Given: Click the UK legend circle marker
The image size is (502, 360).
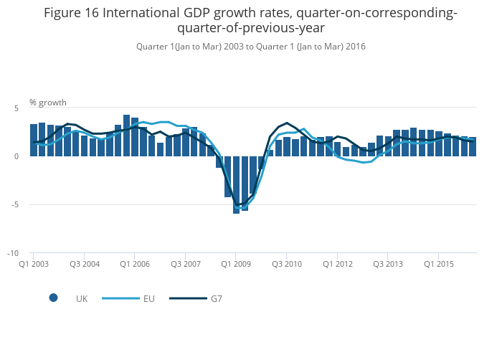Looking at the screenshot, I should (53, 298).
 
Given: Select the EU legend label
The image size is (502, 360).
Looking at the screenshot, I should (149, 298).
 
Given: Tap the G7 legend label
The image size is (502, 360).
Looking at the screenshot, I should (216, 298).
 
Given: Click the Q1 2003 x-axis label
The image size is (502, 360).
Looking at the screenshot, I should (34, 264).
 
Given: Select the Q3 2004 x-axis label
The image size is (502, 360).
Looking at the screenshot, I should (84, 264).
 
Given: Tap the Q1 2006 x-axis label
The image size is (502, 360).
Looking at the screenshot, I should (135, 264).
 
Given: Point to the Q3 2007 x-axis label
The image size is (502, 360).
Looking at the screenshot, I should (185, 264).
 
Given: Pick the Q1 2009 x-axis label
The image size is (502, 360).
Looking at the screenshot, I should (236, 264).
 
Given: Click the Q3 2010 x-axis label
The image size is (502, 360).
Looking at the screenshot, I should (286, 264).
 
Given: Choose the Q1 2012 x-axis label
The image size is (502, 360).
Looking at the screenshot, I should (337, 264).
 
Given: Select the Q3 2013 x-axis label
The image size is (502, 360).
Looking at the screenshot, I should (387, 264).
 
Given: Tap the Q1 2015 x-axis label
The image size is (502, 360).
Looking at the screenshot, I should (438, 264).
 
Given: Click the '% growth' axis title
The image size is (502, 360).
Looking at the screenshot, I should (48, 102).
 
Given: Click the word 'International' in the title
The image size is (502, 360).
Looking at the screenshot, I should (144, 13).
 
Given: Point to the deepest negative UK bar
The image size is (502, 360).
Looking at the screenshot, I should (236, 185).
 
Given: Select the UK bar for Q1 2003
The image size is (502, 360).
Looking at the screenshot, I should (34, 141).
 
